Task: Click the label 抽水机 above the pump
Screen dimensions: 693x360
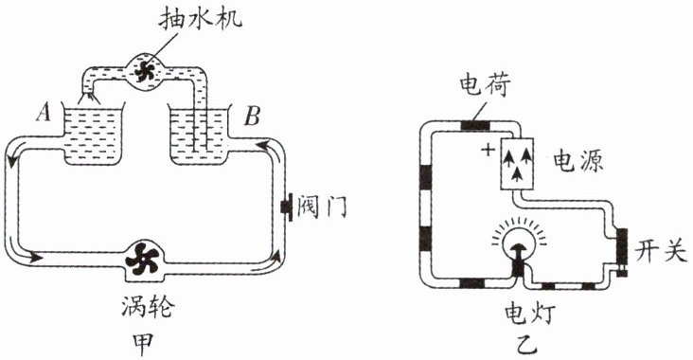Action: coord(200,19)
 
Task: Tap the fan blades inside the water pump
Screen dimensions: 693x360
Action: coord(146,71)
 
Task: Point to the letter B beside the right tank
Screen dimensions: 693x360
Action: coord(252,117)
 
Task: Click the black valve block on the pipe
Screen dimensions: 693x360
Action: coord(287,207)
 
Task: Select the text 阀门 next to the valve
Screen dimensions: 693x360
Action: coord(322,207)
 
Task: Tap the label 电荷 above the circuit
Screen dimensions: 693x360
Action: coord(486,85)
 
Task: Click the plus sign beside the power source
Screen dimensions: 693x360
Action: coord(488,150)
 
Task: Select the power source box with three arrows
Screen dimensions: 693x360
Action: coord(517,164)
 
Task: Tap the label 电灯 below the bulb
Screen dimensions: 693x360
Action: coord(530,315)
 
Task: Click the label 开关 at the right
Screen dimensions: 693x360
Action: coord(661,253)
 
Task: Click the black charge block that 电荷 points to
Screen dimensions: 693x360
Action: coord(475,125)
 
